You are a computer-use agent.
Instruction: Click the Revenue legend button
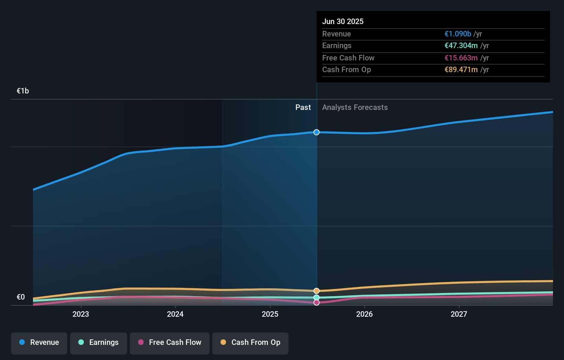(x=39, y=342)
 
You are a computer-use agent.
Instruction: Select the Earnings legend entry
(x=99, y=342)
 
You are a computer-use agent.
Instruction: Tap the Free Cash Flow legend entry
(x=170, y=342)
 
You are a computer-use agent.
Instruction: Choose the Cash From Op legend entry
(x=250, y=342)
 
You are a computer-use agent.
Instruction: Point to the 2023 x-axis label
(x=81, y=314)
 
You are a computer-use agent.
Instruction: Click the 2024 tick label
(x=175, y=314)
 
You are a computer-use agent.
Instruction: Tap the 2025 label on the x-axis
(x=270, y=314)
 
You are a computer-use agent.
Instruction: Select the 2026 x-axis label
(x=364, y=314)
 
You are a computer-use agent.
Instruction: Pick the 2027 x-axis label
(x=459, y=314)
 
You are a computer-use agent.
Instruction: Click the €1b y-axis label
(x=23, y=91)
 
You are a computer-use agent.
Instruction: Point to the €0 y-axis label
(x=21, y=297)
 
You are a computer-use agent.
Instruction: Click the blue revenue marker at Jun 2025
(x=316, y=132)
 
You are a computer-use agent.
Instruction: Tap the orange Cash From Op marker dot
(x=316, y=291)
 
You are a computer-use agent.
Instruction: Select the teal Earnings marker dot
(x=316, y=297)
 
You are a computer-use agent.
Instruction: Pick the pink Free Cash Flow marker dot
(x=316, y=303)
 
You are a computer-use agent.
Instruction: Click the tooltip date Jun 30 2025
(x=343, y=21)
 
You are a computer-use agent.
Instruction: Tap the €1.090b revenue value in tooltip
(x=458, y=34)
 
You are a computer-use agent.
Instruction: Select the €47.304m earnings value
(x=461, y=45)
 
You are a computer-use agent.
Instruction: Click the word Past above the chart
(x=303, y=107)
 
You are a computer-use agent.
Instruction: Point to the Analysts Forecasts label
(x=355, y=107)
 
